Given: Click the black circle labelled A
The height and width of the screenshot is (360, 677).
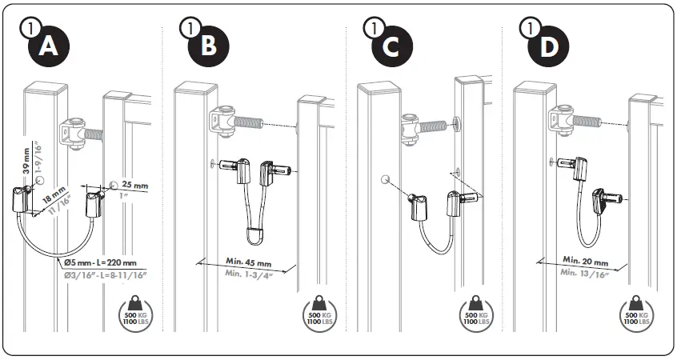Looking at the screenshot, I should point(49,47).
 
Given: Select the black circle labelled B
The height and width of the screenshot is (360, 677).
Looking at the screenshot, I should point(207,47).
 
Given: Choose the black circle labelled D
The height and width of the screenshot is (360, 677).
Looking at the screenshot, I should point(547,47).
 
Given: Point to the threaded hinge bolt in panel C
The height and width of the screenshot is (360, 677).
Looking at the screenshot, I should point(435,125).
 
